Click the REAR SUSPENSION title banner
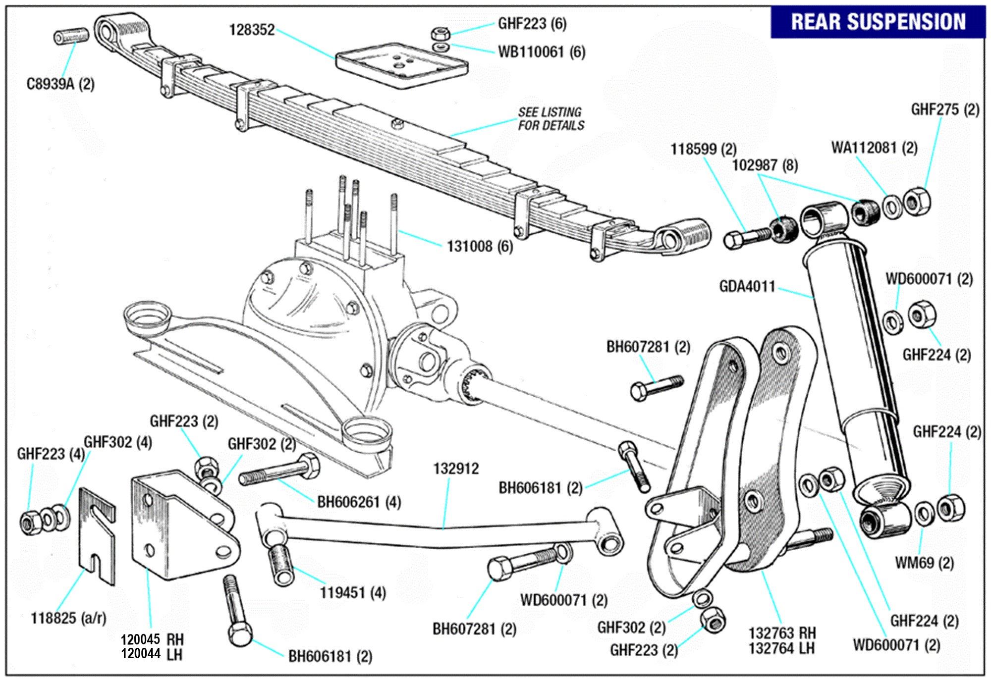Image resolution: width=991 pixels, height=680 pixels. coord(878,22)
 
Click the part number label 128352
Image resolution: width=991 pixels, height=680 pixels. coord(252,30)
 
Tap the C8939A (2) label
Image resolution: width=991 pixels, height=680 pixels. coord(60,84)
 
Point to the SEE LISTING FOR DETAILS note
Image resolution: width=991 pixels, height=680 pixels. coord(551,119)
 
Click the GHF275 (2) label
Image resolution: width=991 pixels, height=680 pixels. coord(945,109)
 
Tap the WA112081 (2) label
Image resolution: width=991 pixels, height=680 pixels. coord(874,148)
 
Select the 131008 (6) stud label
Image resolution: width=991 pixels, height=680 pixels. coord(480,246)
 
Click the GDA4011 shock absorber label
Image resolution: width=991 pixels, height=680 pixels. coord(747,286)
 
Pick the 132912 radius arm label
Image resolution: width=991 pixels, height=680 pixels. coord(456,469)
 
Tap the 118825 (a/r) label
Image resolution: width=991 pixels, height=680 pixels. coord(68,618)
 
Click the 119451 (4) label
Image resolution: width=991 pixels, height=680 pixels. coord(352,592)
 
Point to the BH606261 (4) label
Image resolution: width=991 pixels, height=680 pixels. coord(359,502)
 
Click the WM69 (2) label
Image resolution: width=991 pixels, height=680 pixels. coord(924,563)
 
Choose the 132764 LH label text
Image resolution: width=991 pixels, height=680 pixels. coord(781,648)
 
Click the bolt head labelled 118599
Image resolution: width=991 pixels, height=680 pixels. coord(733,240)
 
